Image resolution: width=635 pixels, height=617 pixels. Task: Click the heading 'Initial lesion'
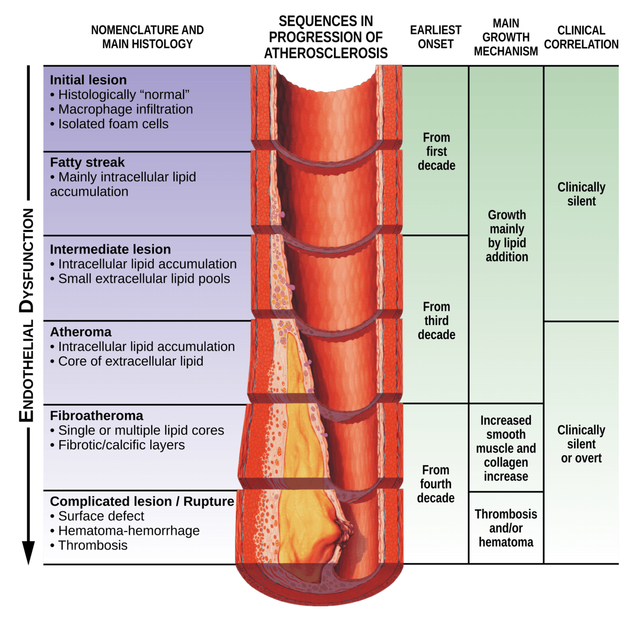(x=88, y=80)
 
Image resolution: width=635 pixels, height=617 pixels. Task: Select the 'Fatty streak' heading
(x=87, y=162)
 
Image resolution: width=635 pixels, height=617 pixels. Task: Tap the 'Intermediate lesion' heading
(x=110, y=249)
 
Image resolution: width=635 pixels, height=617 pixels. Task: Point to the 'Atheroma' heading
(x=80, y=332)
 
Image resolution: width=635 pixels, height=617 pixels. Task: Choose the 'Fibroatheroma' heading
(x=97, y=416)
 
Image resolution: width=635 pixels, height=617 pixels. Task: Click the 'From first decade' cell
(x=436, y=152)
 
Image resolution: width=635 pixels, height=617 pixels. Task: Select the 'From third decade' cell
(x=436, y=320)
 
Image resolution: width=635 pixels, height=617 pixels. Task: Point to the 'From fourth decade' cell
(x=436, y=484)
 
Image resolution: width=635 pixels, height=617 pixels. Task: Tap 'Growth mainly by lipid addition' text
(x=507, y=235)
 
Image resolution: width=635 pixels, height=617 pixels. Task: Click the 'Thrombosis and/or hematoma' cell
(x=506, y=528)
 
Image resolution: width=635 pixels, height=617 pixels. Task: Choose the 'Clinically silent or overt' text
(x=581, y=444)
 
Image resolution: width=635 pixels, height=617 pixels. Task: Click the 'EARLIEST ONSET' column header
(x=436, y=37)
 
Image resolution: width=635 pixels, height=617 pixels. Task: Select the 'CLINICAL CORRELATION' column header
(x=581, y=37)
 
